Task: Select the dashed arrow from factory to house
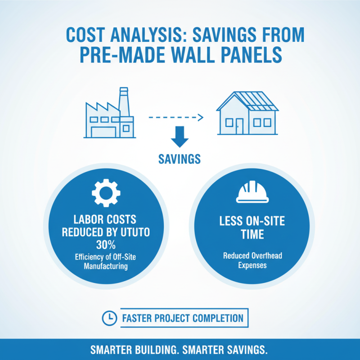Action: (176, 117)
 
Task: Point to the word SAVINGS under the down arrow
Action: (180, 159)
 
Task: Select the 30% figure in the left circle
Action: (106, 245)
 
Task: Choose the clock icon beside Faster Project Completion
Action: (109, 318)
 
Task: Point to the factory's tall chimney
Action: (123, 102)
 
